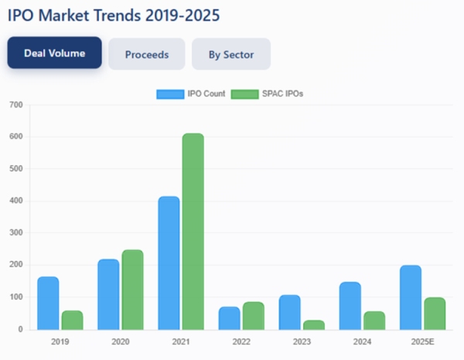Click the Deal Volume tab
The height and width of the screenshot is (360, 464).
pos(55,54)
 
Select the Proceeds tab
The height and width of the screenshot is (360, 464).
pos(147,55)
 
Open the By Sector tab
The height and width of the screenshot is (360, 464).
pos(231,55)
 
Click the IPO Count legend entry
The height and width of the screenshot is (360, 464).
pos(191,94)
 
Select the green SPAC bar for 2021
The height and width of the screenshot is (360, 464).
pos(193,231)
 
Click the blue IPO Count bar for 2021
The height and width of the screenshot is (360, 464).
pos(169,263)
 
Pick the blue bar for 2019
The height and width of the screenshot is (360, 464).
pos(48,303)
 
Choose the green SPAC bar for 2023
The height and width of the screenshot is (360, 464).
pos(314,324)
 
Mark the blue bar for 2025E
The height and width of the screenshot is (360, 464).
pos(411,297)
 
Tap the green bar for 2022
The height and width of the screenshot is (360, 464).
pos(254,315)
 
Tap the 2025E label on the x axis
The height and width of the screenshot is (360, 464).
pos(423,340)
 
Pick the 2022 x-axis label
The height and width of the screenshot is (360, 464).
pos(241,340)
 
